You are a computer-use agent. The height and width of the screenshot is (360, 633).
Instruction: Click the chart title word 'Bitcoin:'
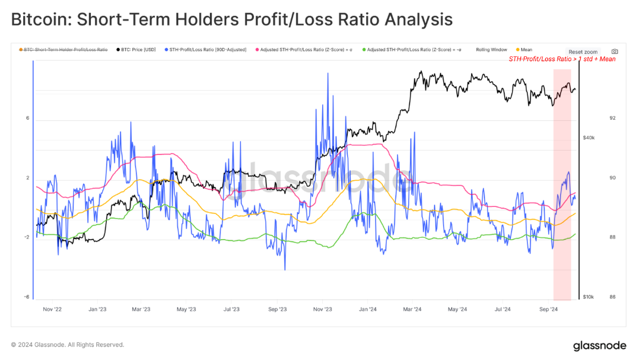[36, 20]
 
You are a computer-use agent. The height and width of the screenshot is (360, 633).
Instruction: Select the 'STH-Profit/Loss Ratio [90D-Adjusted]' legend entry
[206, 50]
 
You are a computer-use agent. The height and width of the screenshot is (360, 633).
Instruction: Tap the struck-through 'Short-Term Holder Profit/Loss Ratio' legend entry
[65, 50]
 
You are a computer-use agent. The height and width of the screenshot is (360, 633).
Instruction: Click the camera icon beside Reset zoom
[615, 52]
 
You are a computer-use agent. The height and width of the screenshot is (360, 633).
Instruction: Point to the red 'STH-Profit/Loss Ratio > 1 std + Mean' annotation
[562, 59]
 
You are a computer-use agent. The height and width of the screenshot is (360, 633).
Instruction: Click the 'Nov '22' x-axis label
[52, 309]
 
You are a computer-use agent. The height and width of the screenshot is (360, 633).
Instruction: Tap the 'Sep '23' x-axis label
[278, 309]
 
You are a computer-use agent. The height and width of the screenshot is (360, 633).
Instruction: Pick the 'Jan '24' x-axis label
[368, 309]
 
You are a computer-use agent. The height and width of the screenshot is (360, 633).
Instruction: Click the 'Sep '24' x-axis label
[549, 309]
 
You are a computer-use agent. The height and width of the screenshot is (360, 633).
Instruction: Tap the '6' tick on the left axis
[27, 118]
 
